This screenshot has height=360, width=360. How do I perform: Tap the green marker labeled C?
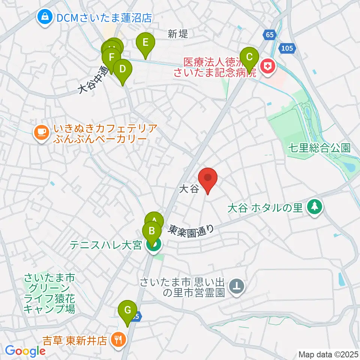pos(249,58)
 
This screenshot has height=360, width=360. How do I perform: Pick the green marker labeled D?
pos(122,70)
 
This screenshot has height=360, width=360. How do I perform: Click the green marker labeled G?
pos(127,311)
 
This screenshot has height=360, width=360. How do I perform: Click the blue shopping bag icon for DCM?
pos(45,17)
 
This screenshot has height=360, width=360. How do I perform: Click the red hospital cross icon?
pos(268,67)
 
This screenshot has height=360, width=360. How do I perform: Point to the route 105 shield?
pos(288,49)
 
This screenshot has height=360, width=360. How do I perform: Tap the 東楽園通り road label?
pos(191,229)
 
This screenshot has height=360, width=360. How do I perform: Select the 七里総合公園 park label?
pos(319,148)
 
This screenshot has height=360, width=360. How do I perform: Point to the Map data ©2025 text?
pos(328,354)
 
